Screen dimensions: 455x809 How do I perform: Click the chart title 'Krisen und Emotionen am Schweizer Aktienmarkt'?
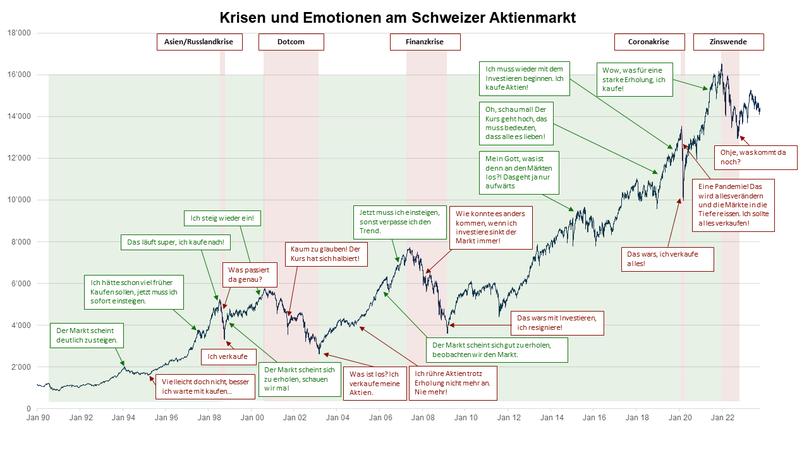click(x=398, y=17)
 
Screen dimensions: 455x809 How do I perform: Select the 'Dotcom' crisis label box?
click(x=291, y=42)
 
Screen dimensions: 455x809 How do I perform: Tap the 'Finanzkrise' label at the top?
click(x=425, y=42)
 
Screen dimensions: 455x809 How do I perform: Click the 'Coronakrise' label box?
click(x=650, y=42)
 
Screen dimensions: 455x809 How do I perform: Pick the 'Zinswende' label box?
click(x=728, y=42)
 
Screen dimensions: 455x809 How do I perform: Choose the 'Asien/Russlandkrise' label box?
click(x=198, y=42)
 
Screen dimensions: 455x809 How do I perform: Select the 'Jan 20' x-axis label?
click(x=679, y=417)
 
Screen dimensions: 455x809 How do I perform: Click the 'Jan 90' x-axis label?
click(x=39, y=417)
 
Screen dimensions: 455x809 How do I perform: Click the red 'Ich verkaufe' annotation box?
click(x=228, y=357)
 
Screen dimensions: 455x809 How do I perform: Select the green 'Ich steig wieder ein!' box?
click(x=222, y=219)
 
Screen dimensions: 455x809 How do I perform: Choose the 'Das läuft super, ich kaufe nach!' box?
click(x=175, y=242)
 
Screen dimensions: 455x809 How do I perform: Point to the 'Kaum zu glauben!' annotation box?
click(x=325, y=254)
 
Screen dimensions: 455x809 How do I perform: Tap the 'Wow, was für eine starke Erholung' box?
click(x=634, y=79)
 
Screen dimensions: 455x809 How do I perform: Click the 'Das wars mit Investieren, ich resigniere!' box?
click(x=557, y=323)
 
